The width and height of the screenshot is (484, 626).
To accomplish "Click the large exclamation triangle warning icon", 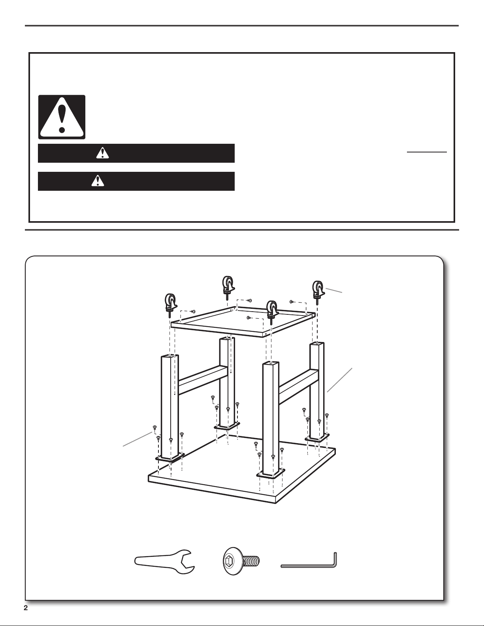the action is coord(62,117).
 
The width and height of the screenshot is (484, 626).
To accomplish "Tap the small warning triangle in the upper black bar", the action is coord(103,153).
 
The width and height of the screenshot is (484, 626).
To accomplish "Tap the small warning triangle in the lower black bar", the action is coord(98,181).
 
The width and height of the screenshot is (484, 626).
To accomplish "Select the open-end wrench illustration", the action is coord(164,562).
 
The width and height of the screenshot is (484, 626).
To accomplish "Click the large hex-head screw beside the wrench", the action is coord(241,562).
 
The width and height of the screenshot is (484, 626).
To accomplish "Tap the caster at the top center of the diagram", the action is coord(228,285).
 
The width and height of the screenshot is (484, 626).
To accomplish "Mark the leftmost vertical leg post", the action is coord(169,406).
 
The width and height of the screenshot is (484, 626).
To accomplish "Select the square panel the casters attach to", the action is coord(243,321).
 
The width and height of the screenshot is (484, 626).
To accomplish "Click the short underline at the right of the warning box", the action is coord(427,152).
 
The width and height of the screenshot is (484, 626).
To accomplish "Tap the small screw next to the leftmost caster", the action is coord(194,311).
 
